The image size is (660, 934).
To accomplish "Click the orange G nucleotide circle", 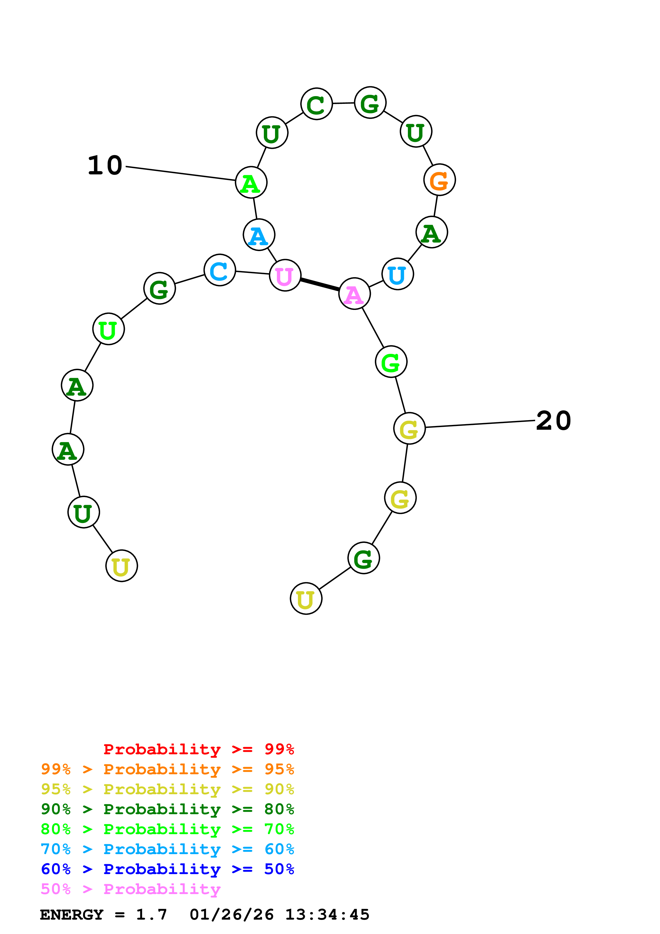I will pyautogui.click(x=439, y=180).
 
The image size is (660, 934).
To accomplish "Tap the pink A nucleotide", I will pyautogui.click(x=354, y=294).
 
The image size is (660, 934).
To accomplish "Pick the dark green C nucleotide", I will pyautogui.click(x=316, y=104).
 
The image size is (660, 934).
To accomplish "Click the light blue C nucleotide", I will pyautogui.click(x=220, y=271).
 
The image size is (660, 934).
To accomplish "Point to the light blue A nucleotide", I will pyautogui.click(x=259, y=235).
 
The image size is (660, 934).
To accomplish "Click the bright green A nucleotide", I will pyautogui.click(x=251, y=183).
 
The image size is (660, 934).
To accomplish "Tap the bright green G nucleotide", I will pyautogui.click(x=391, y=362).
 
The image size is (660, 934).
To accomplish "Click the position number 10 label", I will pyautogui.click(x=105, y=166).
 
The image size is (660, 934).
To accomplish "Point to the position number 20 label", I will pyautogui.click(x=554, y=421).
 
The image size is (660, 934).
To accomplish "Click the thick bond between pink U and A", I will pyautogui.click(x=320, y=284).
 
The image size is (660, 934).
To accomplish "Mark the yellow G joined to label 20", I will pyautogui.click(x=409, y=428).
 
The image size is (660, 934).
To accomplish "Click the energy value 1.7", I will pyautogui.click(x=151, y=915).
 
